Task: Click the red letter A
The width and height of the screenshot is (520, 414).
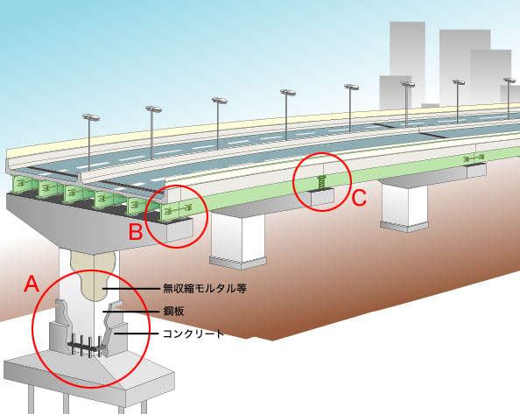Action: click(x=32, y=284)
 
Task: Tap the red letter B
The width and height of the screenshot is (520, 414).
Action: click(x=136, y=231)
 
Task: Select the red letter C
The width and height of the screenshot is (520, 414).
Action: click(x=359, y=198)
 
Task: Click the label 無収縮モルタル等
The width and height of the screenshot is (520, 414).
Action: click(x=205, y=288)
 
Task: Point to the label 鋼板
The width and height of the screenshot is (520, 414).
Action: click(x=173, y=312)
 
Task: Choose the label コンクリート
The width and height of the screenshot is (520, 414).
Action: click(x=193, y=333)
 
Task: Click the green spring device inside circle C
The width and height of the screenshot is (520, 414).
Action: click(x=321, y=183)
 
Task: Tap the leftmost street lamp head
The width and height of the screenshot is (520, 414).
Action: click(x=91, y=117)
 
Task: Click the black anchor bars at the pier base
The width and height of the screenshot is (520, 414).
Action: click(x=87, y=346)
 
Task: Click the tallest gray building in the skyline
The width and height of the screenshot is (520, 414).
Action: click(x=407, y=65)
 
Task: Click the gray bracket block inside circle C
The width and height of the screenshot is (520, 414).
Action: click(x=321, y=197)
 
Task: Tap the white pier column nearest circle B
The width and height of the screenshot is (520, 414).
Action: click(x=238, y=239)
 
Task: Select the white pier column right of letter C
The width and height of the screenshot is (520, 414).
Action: click(x=405, y=207)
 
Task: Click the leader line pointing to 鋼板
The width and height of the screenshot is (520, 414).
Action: click(x=131, y=312)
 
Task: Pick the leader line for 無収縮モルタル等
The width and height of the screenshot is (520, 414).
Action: click(x=131, y=289)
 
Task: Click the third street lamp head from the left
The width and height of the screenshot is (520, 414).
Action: click(x=219, y=101)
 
